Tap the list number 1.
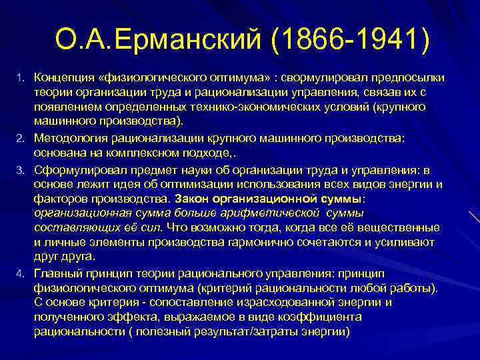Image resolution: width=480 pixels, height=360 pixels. point(20,79)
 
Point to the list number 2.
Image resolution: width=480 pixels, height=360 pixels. point(20,137)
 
